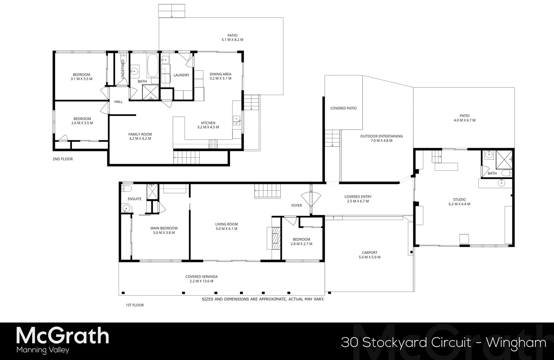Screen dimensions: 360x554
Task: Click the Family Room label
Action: coord(140,134)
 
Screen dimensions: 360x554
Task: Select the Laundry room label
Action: coord(181,75)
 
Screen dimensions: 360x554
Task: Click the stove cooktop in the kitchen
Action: coord(213,144)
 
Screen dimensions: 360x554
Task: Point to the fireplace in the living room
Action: coord(275,238)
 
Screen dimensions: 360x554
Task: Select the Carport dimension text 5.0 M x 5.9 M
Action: coord(369,257)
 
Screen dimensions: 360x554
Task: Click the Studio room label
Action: coord(459,200)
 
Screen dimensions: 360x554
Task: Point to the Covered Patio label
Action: coord(343,108)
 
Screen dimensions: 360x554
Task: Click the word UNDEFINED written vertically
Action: coord(123,69)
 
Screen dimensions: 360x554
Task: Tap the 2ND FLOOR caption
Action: coord(63,159)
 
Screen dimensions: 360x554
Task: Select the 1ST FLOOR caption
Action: coord(135,305)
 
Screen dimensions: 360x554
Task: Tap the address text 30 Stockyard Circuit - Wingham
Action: coord(443,342)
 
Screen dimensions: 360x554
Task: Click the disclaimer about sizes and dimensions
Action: coord(263,299)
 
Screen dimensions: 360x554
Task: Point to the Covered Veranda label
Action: coord(201,277)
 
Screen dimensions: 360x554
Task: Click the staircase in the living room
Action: coord(268,191)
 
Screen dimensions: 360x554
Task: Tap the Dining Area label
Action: coord(220,74)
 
